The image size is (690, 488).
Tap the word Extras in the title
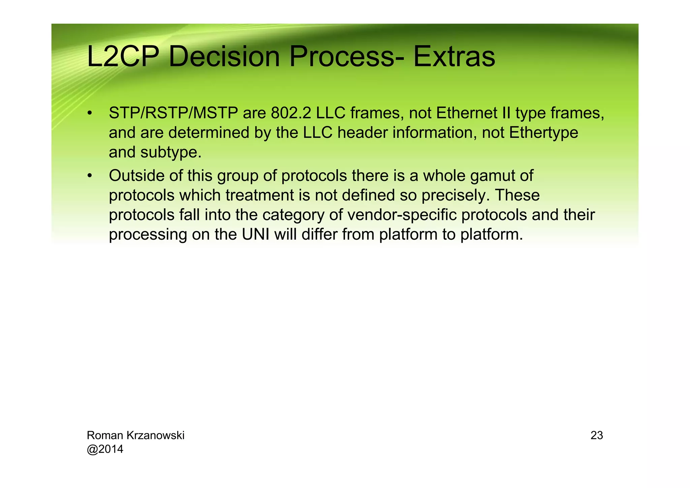454,57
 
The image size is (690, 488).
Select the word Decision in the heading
224,57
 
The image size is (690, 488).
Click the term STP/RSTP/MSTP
173,113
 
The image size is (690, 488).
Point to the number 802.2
291,113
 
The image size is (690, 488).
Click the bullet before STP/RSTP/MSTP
89,113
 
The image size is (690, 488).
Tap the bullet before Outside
89,176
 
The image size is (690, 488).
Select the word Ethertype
543,133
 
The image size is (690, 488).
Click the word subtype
171,152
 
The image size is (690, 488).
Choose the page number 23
597,435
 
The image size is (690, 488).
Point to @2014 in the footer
105,449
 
